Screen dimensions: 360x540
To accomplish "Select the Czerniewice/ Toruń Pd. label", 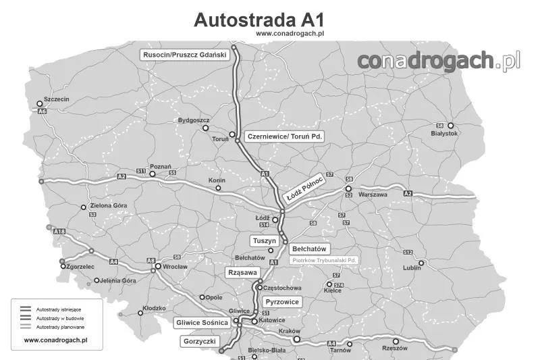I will coord(285,136).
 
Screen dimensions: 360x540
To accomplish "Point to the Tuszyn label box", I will coord(264,241).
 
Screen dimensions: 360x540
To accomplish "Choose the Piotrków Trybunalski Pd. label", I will coord(324,260).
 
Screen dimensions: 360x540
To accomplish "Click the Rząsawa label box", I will coord(242,272).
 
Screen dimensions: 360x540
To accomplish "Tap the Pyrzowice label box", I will coord(281,301).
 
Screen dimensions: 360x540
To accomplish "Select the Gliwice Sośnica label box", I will coord(202,322).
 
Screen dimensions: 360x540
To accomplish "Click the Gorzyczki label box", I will coord(200,342).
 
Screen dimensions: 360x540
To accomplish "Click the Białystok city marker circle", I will coord(451,126).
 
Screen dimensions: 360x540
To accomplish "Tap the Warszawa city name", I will coord(373,194).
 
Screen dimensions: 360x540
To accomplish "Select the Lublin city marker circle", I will coord(421,263).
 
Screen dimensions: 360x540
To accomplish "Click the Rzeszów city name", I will coord(395,349).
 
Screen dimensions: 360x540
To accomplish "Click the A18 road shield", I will coord(59,232).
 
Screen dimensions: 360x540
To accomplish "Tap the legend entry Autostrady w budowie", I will coord(60,318).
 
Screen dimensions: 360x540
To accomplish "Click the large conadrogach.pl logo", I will coord(439,61).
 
